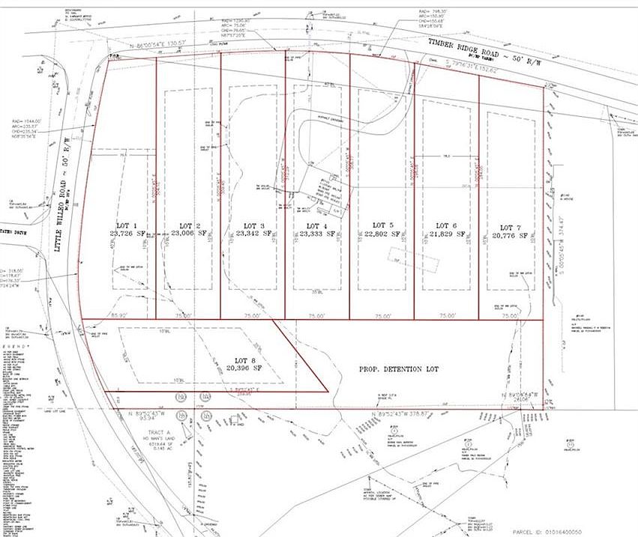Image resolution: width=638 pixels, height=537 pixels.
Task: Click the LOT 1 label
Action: point(124,225)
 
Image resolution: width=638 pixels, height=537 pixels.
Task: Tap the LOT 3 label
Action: point(255,225)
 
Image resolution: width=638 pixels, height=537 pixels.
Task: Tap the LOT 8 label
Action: point(246,360)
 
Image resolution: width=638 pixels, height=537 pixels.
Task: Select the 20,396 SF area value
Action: point(246,368)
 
